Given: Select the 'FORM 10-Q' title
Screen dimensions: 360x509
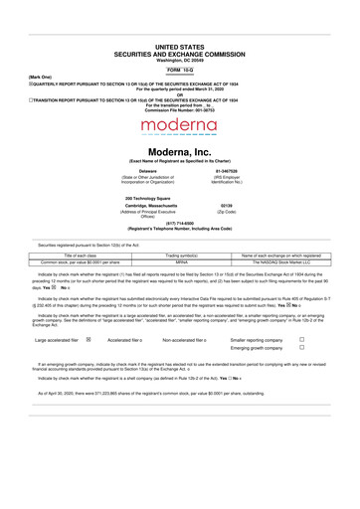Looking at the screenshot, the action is pyautogui.click(x=180, y=73).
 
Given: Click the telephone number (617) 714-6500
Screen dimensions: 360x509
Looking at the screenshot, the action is pyautogui.click(x=180, y=223).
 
